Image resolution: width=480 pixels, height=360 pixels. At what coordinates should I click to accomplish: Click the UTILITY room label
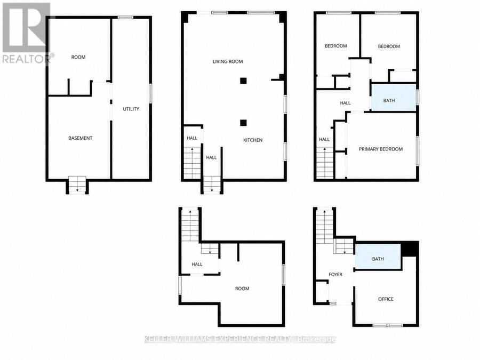131,109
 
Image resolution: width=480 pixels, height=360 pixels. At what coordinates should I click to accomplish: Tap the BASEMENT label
80,138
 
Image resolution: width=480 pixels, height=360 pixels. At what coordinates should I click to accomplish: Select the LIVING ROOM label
228,61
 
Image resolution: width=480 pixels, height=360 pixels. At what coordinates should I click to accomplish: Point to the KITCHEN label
253,140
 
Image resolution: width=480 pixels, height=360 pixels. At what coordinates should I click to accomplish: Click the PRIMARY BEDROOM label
381,149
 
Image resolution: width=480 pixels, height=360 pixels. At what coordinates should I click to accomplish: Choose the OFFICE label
386,299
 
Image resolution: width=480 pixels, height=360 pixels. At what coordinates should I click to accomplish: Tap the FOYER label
335,275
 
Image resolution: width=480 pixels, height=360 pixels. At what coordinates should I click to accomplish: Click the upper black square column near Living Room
243,81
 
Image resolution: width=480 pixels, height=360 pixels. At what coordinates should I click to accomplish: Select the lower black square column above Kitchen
243,123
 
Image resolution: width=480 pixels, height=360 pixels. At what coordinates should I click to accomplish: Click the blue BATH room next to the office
378,257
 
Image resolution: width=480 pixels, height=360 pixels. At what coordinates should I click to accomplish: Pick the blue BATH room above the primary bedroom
394,98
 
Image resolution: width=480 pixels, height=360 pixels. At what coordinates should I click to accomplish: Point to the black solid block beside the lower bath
410,249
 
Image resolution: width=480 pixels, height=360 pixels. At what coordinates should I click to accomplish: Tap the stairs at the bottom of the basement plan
77,185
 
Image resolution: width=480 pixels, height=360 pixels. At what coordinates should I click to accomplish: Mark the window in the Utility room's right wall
150,93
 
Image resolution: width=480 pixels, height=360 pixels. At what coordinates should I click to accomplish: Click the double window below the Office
388,325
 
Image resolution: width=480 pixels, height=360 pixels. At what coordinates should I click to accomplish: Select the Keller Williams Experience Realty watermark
240,339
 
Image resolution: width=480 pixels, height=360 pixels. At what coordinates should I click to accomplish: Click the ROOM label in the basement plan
78,57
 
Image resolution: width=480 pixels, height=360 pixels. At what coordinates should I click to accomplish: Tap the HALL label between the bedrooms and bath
345,103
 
